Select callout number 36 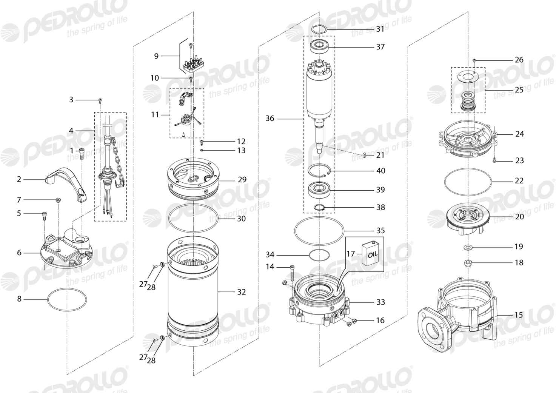270,119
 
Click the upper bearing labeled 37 319,47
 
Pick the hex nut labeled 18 468,262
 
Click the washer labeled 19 468,247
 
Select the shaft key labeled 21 365,156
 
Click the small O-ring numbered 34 319,255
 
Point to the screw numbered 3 100,100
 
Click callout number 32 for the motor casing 242,292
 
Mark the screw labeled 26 474,60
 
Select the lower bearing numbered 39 319,190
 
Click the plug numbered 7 59,200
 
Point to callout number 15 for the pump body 519,315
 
